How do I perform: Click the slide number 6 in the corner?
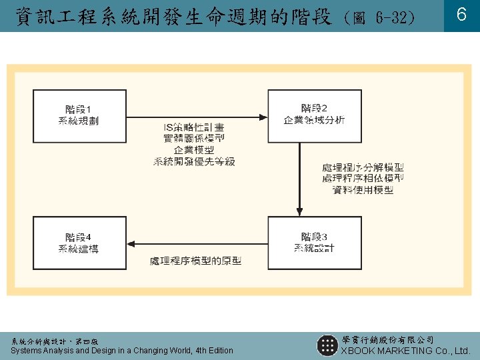[x=461, y=15]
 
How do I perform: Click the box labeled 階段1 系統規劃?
[x=79, y=115]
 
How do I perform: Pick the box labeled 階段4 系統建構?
[x=79, y=243]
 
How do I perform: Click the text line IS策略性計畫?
[x=194, y=127]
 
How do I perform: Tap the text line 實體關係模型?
[x=194, y=139]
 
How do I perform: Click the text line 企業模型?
[x=194, y=150]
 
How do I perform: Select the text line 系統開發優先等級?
[x=194, y=161]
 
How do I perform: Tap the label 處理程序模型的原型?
[x=195, y=261]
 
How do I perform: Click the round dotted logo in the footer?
[x=327, y=345]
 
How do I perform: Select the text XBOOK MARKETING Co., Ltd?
[x=405, y=351]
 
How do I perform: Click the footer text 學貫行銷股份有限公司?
[x=387, y=340]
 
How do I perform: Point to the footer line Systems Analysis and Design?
[x=122, y=351]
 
